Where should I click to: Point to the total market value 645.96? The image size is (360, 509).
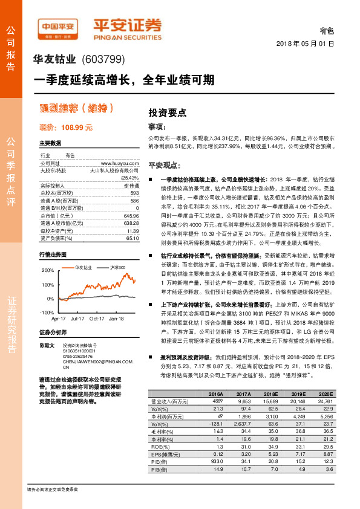tap(131, 215)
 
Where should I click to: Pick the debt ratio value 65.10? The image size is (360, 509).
tap(134, 238)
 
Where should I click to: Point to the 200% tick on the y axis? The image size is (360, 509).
tap(47, 270)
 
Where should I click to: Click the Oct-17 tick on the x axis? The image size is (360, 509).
tap(97, 318)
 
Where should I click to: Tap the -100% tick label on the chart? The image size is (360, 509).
tap(46, 312)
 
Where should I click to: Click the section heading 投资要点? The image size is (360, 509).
tap(167, 113)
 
